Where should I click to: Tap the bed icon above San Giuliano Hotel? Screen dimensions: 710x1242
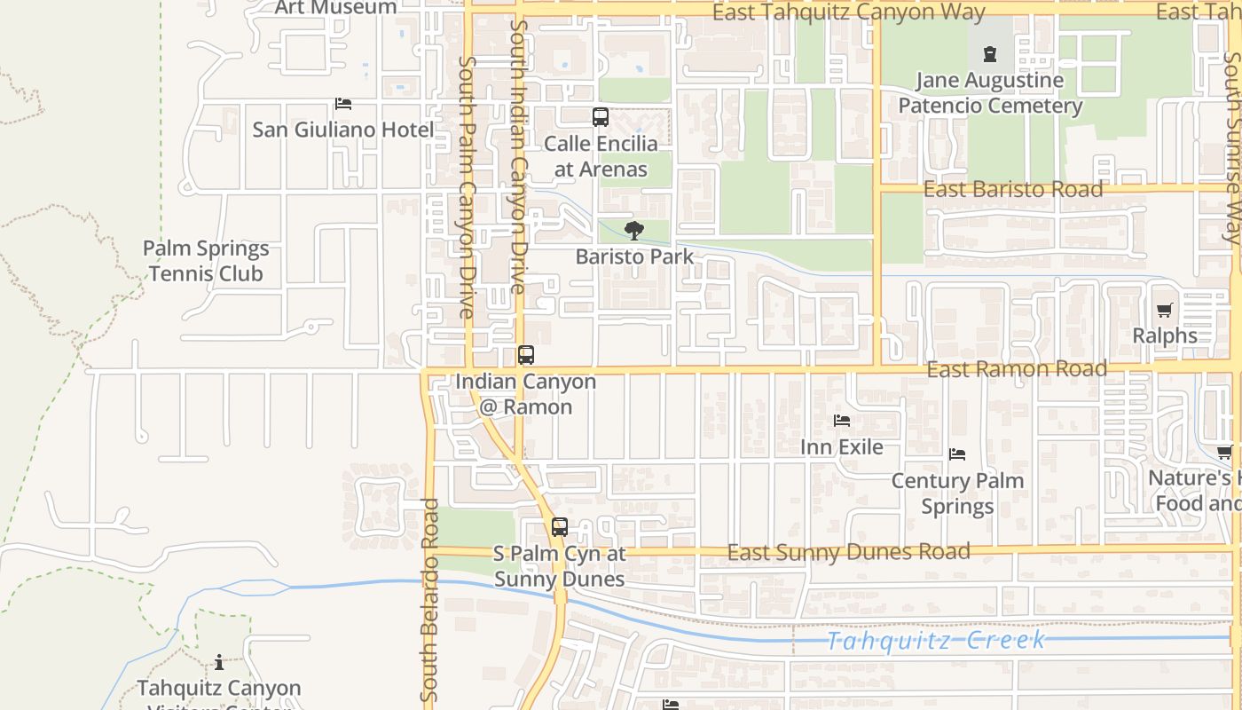[x=343, y=104]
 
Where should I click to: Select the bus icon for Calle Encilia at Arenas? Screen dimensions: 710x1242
[x=601, y=117]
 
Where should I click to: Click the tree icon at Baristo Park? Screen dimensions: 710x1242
[x=633, y=232]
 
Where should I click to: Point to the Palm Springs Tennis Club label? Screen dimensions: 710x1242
[x=206, y=261]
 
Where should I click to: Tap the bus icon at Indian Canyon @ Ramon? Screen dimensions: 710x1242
[x=526, y=355]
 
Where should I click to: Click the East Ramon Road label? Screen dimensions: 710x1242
[x=1017, y=368]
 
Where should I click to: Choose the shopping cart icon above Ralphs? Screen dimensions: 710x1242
[x=1164, y=311]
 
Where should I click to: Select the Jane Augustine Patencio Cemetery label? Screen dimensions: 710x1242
[x=990, y=93]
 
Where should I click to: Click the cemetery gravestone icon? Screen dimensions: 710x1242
[x=990, y=54]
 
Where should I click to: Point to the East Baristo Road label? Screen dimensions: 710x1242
[x=1013, y=190]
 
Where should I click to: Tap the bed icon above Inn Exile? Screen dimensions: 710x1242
[x=841, y=420]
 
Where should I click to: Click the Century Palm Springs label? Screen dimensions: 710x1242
[x=957, y=493]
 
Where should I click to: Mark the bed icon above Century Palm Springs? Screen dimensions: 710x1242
[x=957, y=454]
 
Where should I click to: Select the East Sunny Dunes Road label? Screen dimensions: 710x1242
[x=848, y=552]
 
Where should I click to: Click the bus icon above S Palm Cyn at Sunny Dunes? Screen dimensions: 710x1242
[x=559, y=527]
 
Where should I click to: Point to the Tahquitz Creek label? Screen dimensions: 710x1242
[x=936, y=641]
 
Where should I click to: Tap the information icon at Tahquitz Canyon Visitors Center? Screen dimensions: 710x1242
[x=219, y=662]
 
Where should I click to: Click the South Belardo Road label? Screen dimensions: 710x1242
[x=429, y=599]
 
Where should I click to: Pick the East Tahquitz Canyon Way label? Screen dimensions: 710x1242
[x=848, y=12]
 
